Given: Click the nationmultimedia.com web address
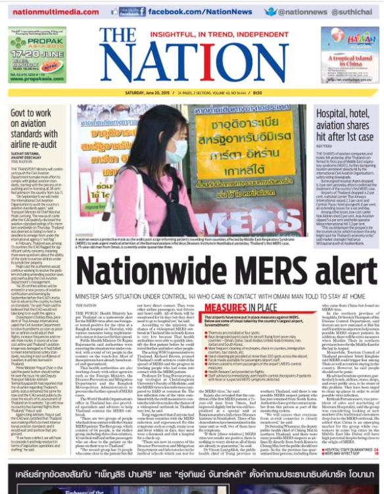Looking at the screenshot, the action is point(52,11).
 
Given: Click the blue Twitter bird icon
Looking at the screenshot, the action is point(271,11).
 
